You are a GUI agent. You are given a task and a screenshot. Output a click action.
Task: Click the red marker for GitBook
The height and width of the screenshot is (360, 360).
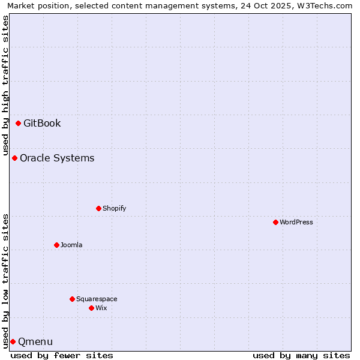(x=18, y=123)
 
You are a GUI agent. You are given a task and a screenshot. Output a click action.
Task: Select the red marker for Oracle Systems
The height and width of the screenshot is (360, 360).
(x=14, y=158)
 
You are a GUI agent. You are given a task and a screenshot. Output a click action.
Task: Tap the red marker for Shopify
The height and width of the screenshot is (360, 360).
(x=98, y=208)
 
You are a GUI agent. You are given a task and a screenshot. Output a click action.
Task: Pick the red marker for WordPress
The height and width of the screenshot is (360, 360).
(x=275, y=222)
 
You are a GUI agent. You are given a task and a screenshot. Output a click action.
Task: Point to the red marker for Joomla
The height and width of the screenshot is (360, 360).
(x=56, y=245)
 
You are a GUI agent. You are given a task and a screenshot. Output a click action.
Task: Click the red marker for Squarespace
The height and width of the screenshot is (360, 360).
(x=72, y=299)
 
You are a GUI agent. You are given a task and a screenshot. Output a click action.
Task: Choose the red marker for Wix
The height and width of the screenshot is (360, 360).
(x=91, y=308)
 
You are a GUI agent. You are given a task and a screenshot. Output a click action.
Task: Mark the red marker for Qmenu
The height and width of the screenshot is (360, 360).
(x=13, y=341)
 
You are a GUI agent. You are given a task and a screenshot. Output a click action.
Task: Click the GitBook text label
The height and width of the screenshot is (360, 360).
(x=42, y=124)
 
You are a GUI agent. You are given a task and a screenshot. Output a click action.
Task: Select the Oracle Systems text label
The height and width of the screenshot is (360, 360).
(x=57, y=158)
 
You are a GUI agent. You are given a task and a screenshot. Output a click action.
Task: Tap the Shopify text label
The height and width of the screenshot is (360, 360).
(x=114, y=209)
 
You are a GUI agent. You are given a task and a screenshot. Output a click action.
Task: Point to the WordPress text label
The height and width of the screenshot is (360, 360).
(x=296, y=223)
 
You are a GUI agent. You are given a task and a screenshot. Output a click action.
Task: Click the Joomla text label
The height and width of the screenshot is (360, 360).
(x=71, y=245)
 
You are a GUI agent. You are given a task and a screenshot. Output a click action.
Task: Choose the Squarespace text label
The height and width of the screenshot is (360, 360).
(x=97, y=299)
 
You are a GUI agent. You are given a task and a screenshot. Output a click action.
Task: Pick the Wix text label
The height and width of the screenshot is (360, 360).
(x=101, y=308)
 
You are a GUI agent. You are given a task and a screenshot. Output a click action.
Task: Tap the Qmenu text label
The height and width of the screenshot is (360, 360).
(x=35, y=342)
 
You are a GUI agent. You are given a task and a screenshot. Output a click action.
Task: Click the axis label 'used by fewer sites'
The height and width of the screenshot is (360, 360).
(x=62, y=355)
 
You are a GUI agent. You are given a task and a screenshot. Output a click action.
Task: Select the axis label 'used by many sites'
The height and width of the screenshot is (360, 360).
(x=301, y=355)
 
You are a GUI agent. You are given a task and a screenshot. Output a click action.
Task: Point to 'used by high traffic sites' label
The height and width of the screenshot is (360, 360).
(x=6, y=84)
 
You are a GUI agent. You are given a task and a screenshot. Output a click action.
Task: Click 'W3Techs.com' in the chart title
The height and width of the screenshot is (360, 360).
(x=326, y=6)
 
